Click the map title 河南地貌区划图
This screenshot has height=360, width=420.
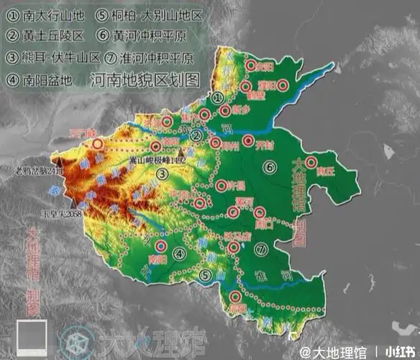145,79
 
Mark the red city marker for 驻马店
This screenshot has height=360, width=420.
233,247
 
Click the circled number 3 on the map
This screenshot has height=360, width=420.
163,174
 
